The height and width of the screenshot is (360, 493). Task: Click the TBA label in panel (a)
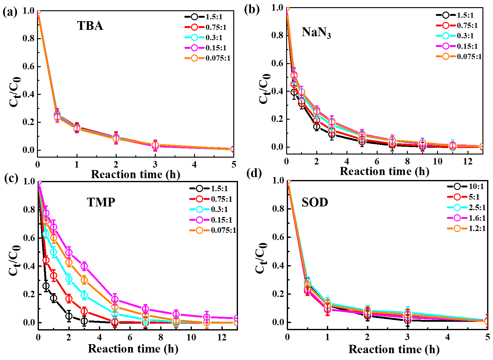(x=90, y=26)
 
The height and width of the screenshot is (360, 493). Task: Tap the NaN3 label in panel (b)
(x=316, y=32)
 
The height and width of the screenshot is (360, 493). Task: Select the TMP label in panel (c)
(x=101, y=202)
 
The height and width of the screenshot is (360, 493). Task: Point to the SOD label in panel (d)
(x=315, y=203)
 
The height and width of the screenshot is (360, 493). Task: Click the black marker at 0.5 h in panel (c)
(x=46, y=286)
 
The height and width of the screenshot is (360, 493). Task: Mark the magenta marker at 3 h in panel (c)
(x=84, y=266)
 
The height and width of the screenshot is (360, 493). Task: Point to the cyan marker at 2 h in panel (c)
(x=69, y=279)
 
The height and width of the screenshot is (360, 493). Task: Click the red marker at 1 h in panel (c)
(x=53, y=275)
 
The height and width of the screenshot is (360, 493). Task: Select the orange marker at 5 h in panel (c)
(x=115, y=307)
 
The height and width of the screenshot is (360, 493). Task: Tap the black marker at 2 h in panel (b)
(x=317, y=127)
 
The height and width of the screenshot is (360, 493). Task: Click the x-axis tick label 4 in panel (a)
(x=194, y=164)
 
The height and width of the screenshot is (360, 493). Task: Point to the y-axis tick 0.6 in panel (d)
(x=277, y=237)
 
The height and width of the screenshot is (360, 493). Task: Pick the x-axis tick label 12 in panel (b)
(x=467, y=161)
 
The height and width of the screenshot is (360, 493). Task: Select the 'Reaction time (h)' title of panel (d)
(x=394, y=349)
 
